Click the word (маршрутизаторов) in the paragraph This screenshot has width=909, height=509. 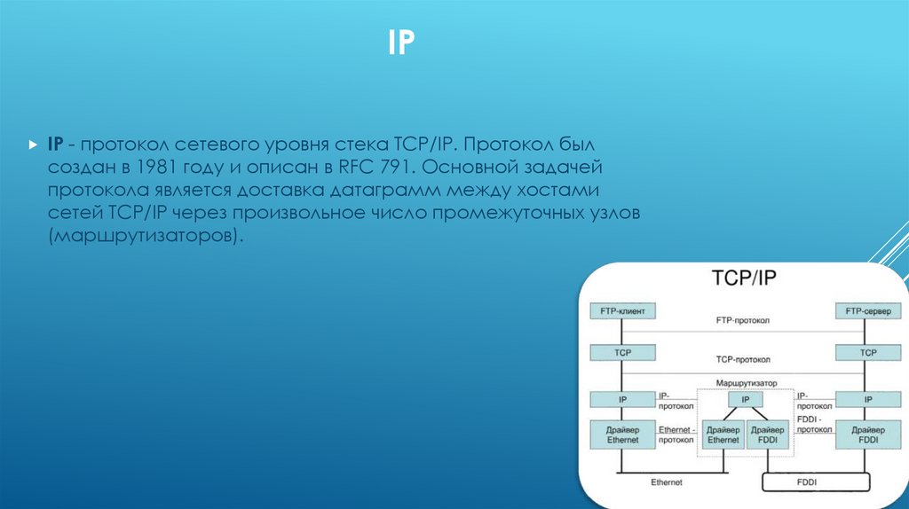pyautogui.click(x=146, y=238)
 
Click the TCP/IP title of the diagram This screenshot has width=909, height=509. pyautogui.click(x=745, y=278)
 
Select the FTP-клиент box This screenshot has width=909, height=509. pyautogui.click(x=622, y=311)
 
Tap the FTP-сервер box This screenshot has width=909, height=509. pyautogui.click(x=867, y=311)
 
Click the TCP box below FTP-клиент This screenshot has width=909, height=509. pyautogui.click(x=622, y=353)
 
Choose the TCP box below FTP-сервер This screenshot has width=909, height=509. pyautogui.click(x=867, y=353)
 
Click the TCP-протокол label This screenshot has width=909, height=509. pyautogui.click(x=744, y=361)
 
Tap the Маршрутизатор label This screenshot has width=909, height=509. pyautogui.click(x=745, y=383)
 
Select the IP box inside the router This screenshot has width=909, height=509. pyautogui.click(x=745, y=401)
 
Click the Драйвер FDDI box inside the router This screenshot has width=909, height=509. pyautogui.click(x=767, y=435)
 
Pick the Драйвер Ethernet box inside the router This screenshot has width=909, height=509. pyautogui.click(x=723, y=435)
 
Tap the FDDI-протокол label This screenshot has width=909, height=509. pyautogui.click(x=813, y=424)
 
